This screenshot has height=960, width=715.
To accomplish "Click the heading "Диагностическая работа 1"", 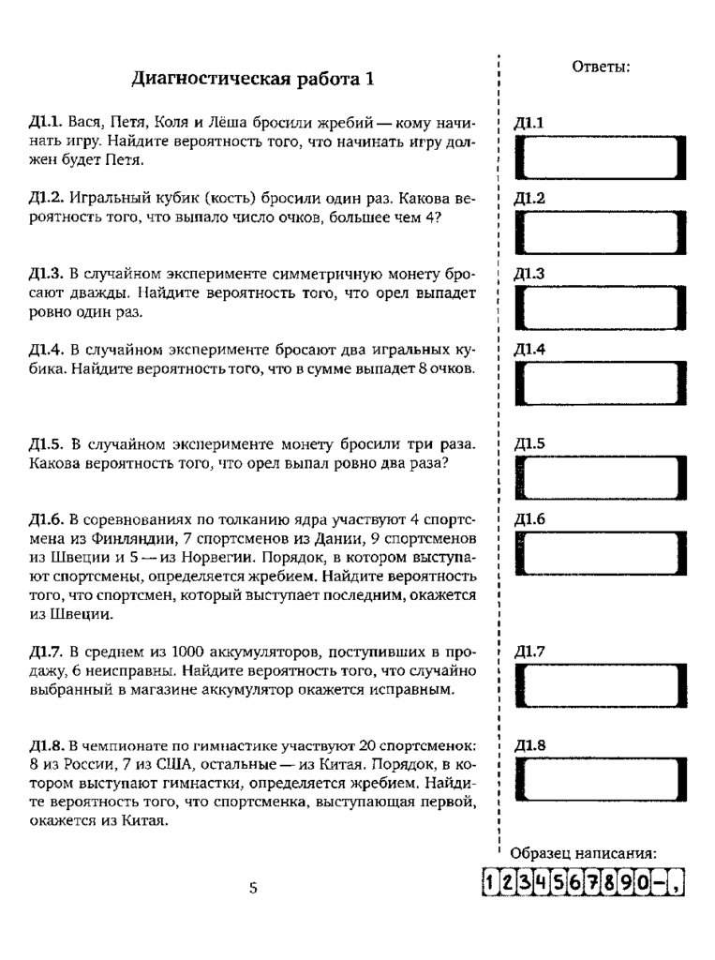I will (x=252, y=79).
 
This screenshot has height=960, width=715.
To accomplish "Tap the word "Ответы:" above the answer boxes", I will (x=600, y=67).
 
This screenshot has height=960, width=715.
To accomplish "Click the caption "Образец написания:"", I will (x=583, y=853).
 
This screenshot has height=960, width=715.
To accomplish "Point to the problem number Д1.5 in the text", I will (x=46, y=443).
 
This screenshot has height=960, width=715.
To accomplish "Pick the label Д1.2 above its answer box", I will (x=529, y=199).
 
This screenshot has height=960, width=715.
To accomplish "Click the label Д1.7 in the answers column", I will (x=529, y=652).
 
